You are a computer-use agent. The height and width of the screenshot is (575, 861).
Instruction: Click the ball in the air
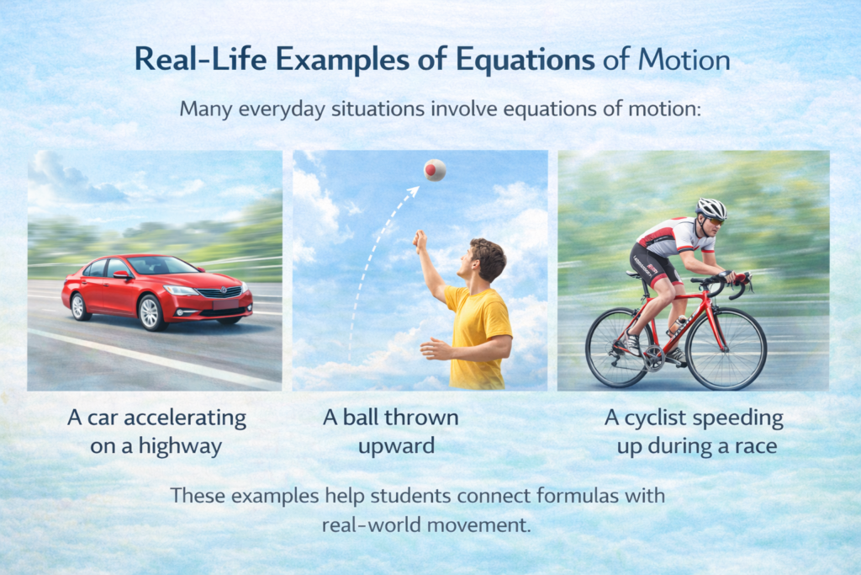pos(435,170)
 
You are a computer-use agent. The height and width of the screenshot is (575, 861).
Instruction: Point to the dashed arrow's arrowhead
pos(412,192)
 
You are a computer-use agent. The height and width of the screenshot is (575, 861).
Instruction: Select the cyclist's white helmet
pos(711,208)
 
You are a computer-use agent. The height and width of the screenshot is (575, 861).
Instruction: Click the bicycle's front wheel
pos(725,349)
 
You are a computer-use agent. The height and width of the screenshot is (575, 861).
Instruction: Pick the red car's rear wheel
pos(81,306)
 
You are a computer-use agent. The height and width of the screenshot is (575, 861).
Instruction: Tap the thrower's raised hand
pos(420,242)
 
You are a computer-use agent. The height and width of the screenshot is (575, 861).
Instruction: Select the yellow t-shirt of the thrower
pos(476,333)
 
